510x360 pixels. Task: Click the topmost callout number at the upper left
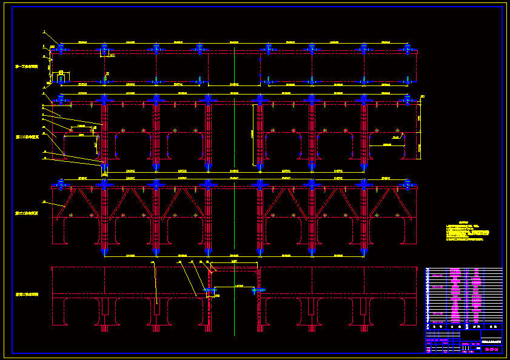(x=44, y=32)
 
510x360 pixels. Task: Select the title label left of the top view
(x=27, y=67)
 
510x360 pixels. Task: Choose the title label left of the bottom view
(x=27, y=295)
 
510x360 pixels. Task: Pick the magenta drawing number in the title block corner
(x=492, y=348)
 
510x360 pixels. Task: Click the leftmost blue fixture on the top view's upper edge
(x=61, y=48)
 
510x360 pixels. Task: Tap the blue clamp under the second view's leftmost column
(x=104, y=165)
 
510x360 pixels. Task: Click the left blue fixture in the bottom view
(x=209, y=292)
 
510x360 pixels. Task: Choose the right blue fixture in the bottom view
(x=258, y=290)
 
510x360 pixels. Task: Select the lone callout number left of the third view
(x=44, y=202)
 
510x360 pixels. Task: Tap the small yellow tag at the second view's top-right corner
(x=423, y=96)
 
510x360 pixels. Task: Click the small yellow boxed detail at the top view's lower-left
(x=60, y=77)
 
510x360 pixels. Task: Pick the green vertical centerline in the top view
(x=234, y=67)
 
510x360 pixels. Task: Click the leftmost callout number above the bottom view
(x=152, y=262)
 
